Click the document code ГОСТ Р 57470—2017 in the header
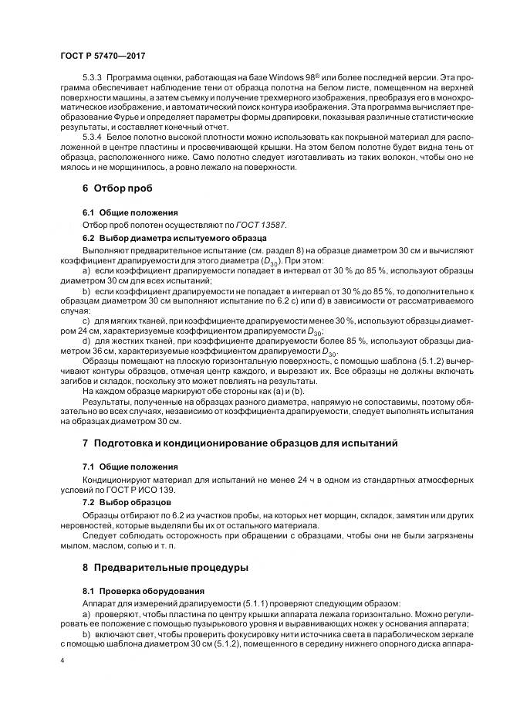[102, 56]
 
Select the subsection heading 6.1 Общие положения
[130, 212]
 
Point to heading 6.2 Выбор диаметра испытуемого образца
[174, 238]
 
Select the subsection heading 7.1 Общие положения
[130, 467]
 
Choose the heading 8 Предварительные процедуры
[165, 567]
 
